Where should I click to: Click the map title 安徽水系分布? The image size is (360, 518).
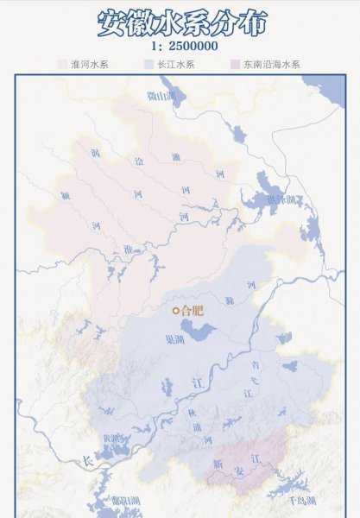pyautogui.click(x=180, y=21)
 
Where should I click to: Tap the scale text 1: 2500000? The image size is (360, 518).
pyautogui.click(x=180, y=46)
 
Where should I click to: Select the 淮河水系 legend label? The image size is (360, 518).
pyautogui.click(x=88, y=64)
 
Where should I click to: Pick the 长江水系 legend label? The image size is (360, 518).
pyautogui.click(x=175, y=64)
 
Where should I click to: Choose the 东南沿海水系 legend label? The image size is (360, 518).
pyautogui.click(x=271, y=64)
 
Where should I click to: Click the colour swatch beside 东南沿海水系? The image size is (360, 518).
pyautogui.click(x=235, y=64)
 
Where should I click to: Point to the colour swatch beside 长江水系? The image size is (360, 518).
pyautogui.click(x=148, y=64)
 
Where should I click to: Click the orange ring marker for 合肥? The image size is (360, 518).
pyautogui.click(x=176, y=311)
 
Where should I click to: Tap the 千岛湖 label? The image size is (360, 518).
pyautogui.click(x=282, y=499)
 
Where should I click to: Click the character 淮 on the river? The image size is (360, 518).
pyautogui.click(x=129, y=249)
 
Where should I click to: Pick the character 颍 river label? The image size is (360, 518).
pyautogui.click(x=66, y=194)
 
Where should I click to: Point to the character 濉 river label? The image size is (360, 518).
pyautogui.click(x=176, y=157)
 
